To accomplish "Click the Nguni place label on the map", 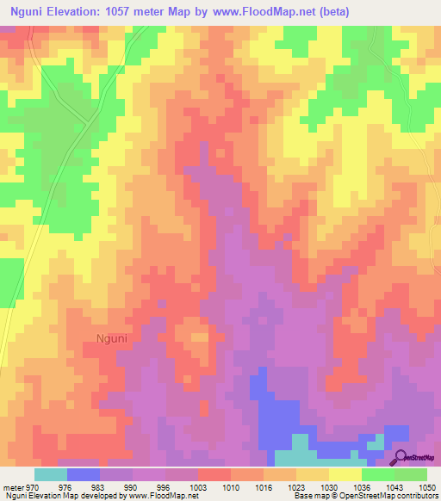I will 107,338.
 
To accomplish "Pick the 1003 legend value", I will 199,486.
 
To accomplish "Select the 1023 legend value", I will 295,486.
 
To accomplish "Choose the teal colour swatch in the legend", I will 51,474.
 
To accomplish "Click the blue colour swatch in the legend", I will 84,474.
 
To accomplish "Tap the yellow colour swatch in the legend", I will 345,474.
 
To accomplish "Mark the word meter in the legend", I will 13,486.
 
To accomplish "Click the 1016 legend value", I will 264,486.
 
